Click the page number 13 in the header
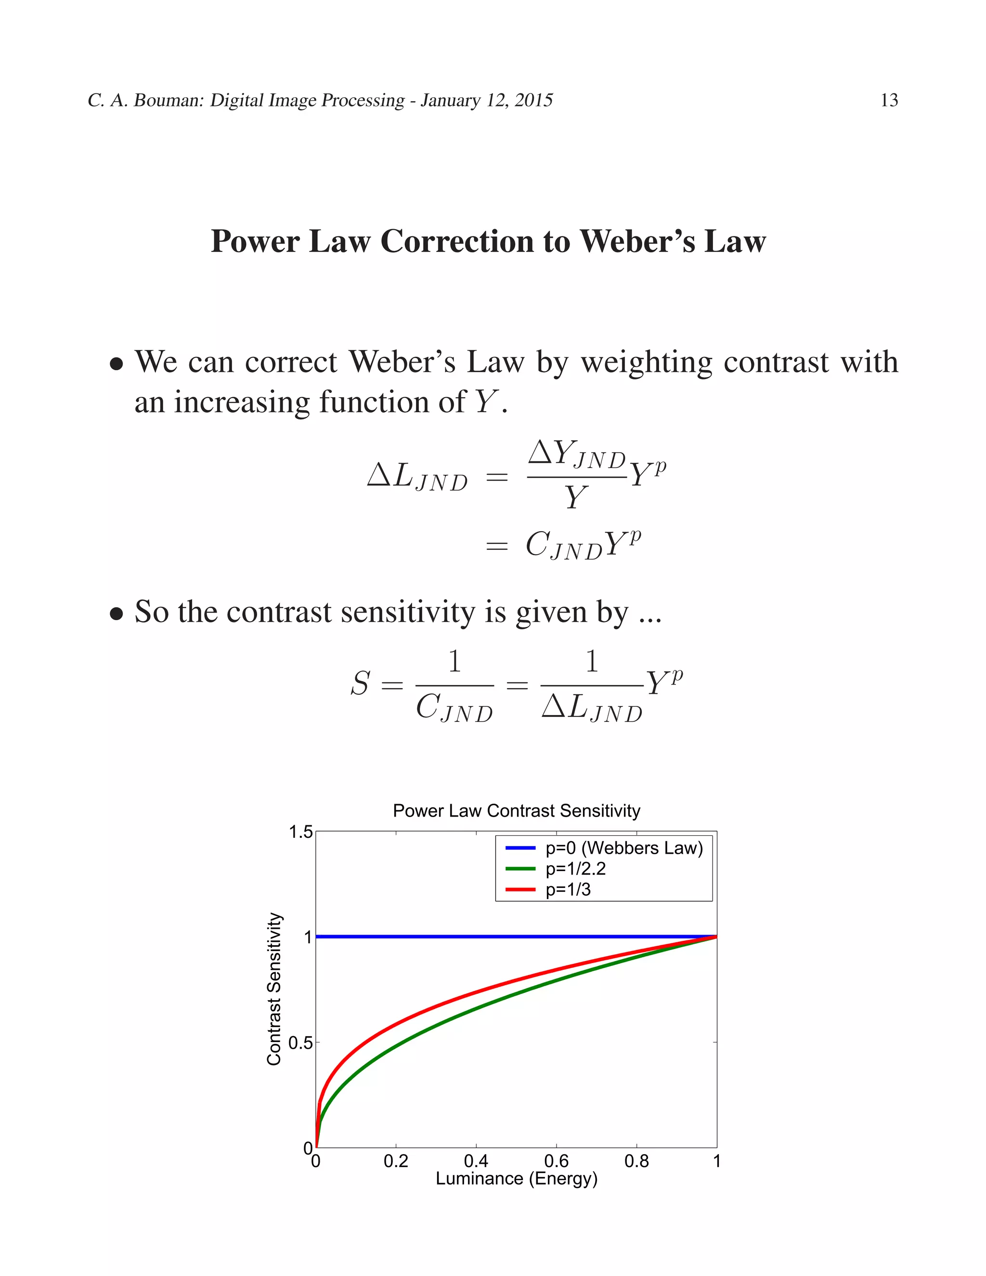click(888, 101)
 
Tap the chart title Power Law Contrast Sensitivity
click(517, 810)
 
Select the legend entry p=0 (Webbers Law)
click(624, 848)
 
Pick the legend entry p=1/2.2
click(575, 869)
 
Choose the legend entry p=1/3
click(568, 889)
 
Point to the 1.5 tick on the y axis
click(301, 832)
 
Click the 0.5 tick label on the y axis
click(301, 1043)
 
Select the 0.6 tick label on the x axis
click(556, 1161)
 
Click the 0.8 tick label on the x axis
click(636, 1161)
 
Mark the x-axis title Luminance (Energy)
click(517, 1178)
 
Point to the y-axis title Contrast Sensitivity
click(274, 989)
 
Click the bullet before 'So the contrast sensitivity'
click(117, 614)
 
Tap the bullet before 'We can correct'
click(117, 364)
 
